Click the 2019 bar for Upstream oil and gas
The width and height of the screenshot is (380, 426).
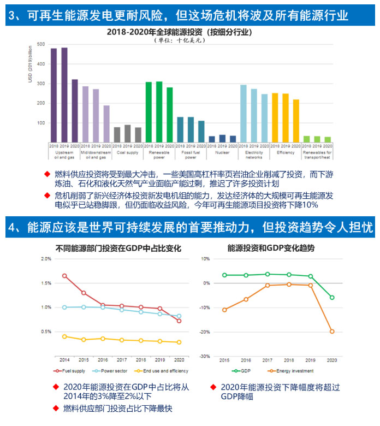[x=64, y=95]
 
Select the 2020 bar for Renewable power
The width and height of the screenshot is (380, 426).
[x=170, y=115]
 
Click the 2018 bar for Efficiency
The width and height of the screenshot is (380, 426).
[x=275, y=117]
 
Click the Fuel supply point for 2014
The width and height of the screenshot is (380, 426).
[x=64, y=276]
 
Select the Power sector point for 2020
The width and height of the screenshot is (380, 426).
[x=180, y=316]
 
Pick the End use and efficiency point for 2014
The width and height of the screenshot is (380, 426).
[x=64, y=336]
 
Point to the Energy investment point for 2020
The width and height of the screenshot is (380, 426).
[x=332, y=332]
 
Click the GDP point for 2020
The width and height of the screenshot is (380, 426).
[x=332, y=298]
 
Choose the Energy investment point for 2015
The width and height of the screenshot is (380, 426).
[x=224, y=310]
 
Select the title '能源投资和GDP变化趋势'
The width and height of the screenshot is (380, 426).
[x=274, y=247]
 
